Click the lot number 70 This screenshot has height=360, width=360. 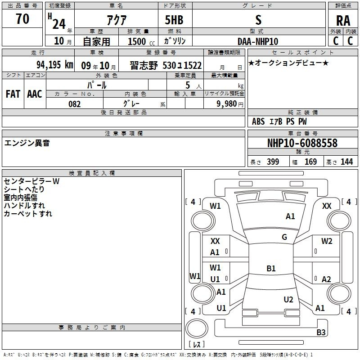pos(22,18)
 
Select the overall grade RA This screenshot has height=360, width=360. pos(343,21)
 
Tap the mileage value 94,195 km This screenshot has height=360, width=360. pos(55,65)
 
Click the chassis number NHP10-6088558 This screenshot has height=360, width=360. pos(302,143)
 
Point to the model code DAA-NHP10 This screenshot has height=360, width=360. pos(258,41)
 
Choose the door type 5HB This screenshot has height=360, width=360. pos(174,20)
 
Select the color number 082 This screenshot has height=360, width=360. pos(74,104)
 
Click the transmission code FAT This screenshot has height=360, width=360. pos(13,94)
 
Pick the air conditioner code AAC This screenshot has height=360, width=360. pos(35,94)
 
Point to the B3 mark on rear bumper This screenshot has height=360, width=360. pos(321,332)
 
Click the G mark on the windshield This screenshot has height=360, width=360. pos(284,237)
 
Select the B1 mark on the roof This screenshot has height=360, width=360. pos(271,268)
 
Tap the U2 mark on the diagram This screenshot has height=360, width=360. pos(288,300)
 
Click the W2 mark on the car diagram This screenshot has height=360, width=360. pos(327,241)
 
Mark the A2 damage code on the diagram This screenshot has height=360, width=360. pos(326,279)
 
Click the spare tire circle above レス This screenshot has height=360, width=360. pos(197,328)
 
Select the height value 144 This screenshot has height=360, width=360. pos(346,162)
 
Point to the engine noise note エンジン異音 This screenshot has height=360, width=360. pos(27,143)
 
